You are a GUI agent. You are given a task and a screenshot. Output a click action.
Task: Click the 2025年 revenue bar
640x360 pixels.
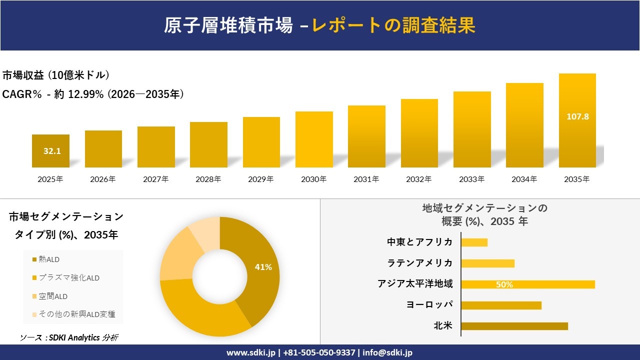point(50,151)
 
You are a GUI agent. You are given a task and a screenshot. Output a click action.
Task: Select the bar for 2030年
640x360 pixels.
point(314,139)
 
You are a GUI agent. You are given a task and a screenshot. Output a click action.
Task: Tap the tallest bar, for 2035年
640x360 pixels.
point(577,120)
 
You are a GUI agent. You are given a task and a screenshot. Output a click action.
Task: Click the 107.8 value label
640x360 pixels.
point(577,116)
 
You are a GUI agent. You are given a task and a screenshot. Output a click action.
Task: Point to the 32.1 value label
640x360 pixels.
point(52,151)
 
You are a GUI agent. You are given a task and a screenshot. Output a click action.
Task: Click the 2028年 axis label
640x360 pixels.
point(208,179)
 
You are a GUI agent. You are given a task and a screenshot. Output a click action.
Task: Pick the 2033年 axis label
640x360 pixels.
point(472,179)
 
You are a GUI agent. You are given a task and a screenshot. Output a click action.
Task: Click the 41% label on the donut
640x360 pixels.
point(263,267)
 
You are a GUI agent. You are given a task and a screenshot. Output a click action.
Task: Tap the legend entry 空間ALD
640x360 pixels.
point(53,296)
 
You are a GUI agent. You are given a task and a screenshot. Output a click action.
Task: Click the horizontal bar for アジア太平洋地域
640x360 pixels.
point(528,284)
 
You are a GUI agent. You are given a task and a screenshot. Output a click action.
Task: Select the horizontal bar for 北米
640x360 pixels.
point(514,326)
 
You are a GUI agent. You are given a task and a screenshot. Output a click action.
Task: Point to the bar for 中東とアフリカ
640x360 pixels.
point(474,242)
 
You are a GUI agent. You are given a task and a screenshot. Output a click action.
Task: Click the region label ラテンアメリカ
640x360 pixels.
point(420,263)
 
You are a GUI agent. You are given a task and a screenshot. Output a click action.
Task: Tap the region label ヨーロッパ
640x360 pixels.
point(430,305)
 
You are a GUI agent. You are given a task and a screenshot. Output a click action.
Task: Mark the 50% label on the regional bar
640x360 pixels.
point(504,285)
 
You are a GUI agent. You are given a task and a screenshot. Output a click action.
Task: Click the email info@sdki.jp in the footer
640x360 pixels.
point(387,352)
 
